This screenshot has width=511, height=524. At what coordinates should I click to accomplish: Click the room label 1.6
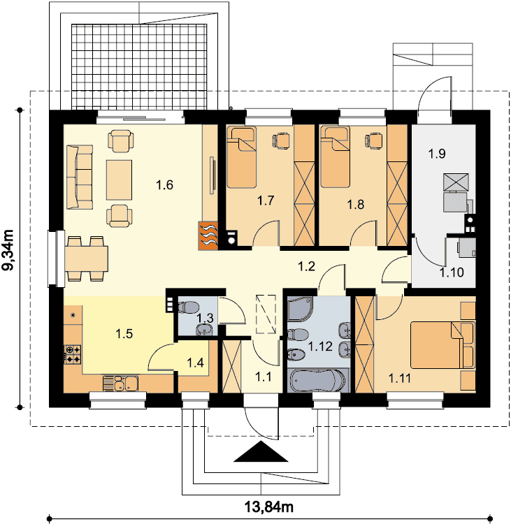click(x=164, y=185)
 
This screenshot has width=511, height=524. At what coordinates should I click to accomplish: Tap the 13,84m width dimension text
click(x=269, y=507)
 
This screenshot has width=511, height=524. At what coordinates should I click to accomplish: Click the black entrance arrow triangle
click(x=261, y=451)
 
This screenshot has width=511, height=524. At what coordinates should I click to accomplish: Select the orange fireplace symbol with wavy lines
click(x=208, y=235)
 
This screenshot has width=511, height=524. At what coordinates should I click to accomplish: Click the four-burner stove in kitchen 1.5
click(x=73, y=354)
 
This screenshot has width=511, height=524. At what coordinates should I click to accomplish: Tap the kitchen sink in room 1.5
click(x=121, y=383)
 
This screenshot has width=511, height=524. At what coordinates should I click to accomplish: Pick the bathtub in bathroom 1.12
click(x=317, y=381)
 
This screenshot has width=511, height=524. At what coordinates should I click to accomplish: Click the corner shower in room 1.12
click(x=300, y=308)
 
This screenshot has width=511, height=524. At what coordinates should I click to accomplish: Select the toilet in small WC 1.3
click(x=188, y=307)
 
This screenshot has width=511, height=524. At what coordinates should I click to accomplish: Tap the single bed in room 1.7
click(x=241, y=157)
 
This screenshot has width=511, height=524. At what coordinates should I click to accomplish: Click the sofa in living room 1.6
click(x=80, y=177)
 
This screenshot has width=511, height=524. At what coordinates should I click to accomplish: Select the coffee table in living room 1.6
click(x=119, y=180)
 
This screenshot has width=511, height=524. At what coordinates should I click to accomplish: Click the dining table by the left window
click(x=87, y=259)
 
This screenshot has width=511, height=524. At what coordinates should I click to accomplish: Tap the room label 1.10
click(x=452, y=272)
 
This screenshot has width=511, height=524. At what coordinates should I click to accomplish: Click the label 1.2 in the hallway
click(x=306, y=266)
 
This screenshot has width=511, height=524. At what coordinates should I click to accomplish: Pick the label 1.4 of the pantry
click(x=195, y=362)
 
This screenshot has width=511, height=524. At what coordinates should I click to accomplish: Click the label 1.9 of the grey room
click(x=437, y=154)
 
